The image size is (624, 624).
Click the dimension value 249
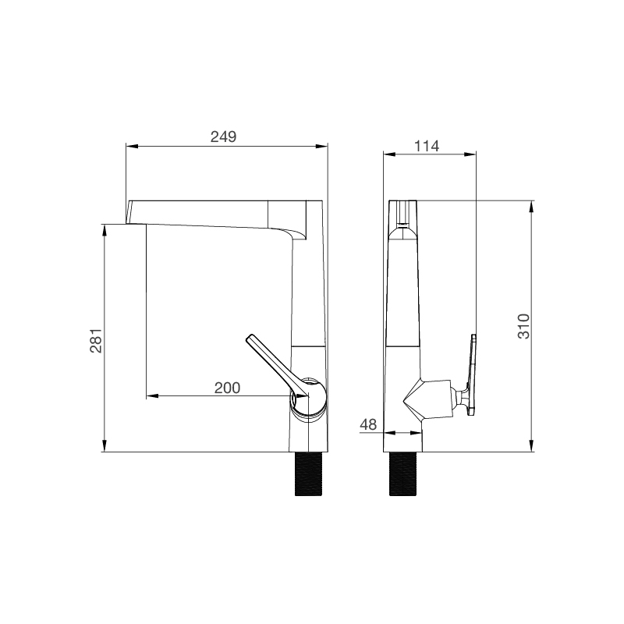coord(223,136)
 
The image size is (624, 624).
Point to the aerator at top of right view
coord(403,214)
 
